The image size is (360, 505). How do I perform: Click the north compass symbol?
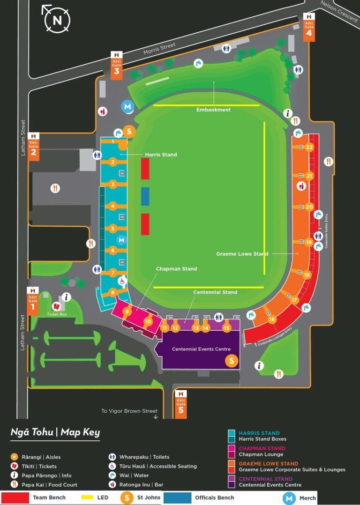point(57,20)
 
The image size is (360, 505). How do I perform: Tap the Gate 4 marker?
point(309,27)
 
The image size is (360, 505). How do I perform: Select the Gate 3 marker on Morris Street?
point(117,65)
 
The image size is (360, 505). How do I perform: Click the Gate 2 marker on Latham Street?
point(33,147)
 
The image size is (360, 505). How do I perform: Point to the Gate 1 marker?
point(33,301)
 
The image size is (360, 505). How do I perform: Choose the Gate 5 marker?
point(181,404)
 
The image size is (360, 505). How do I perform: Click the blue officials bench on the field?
point(145,196)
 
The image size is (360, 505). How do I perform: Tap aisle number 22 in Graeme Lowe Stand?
point(309,147)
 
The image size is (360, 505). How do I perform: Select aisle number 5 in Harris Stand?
point(113,229)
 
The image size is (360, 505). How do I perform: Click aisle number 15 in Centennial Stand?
point(226,328)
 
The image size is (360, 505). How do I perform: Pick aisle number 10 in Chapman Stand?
point(148,321)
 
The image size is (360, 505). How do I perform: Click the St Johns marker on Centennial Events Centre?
point(231,361)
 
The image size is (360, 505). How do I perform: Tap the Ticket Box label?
point(57,314)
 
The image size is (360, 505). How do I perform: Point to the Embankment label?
point(213,110)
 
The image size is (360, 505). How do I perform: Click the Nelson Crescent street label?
point(340,10)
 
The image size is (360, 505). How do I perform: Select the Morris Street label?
point(159,48)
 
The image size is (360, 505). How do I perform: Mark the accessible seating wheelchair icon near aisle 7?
point(122,281)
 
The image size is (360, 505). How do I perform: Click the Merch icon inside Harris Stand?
point(121,240)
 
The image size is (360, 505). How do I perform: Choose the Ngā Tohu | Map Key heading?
point(55,432)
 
